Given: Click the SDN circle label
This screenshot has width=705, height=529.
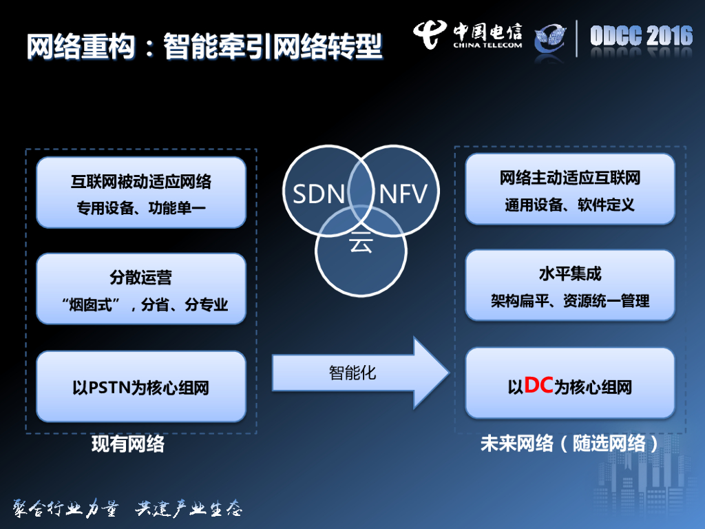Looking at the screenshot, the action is pyautogui.click(x=318, y=195).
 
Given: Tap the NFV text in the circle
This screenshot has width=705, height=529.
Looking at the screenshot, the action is pyautogui.click(x=403, y=195).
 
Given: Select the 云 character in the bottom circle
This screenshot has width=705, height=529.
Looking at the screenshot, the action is pyautogui.click(x=359, y=242).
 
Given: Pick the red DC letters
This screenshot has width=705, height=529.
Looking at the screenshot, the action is pyautogui.click(x=538, y=386).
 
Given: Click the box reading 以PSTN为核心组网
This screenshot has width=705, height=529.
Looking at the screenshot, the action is pyautogui.click(x=140, y=388).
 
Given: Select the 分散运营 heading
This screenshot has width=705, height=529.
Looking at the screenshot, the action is pyautogui.click(x=140, y=278).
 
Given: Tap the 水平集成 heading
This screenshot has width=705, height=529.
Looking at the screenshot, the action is pyautogui.click(x=569, y=274).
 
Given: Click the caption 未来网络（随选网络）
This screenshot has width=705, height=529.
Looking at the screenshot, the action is pyautogui.click(x=569, y=444).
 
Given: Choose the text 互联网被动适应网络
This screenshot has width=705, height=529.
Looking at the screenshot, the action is pyautogui.click(x=140, y=183).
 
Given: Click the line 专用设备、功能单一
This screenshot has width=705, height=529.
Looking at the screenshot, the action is pyautogui.click(x=140, y=208).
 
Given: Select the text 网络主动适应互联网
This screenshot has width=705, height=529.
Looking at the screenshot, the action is pyautogui.click(x=569, y=178).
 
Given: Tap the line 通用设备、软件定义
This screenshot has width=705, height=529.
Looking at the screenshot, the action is pyautogui.click(x=569, y=205).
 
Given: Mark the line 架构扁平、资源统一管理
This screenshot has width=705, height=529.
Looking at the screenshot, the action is pyautogui.click(x=569, y=300).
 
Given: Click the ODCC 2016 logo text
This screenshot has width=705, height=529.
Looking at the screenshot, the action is pyautogui.click(x=641, y=36).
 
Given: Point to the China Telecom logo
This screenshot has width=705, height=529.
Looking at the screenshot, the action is pyautogui.click(x=467, y=36).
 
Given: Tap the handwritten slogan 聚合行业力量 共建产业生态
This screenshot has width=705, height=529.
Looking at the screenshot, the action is pyautogui.click(x=128, y=508).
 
